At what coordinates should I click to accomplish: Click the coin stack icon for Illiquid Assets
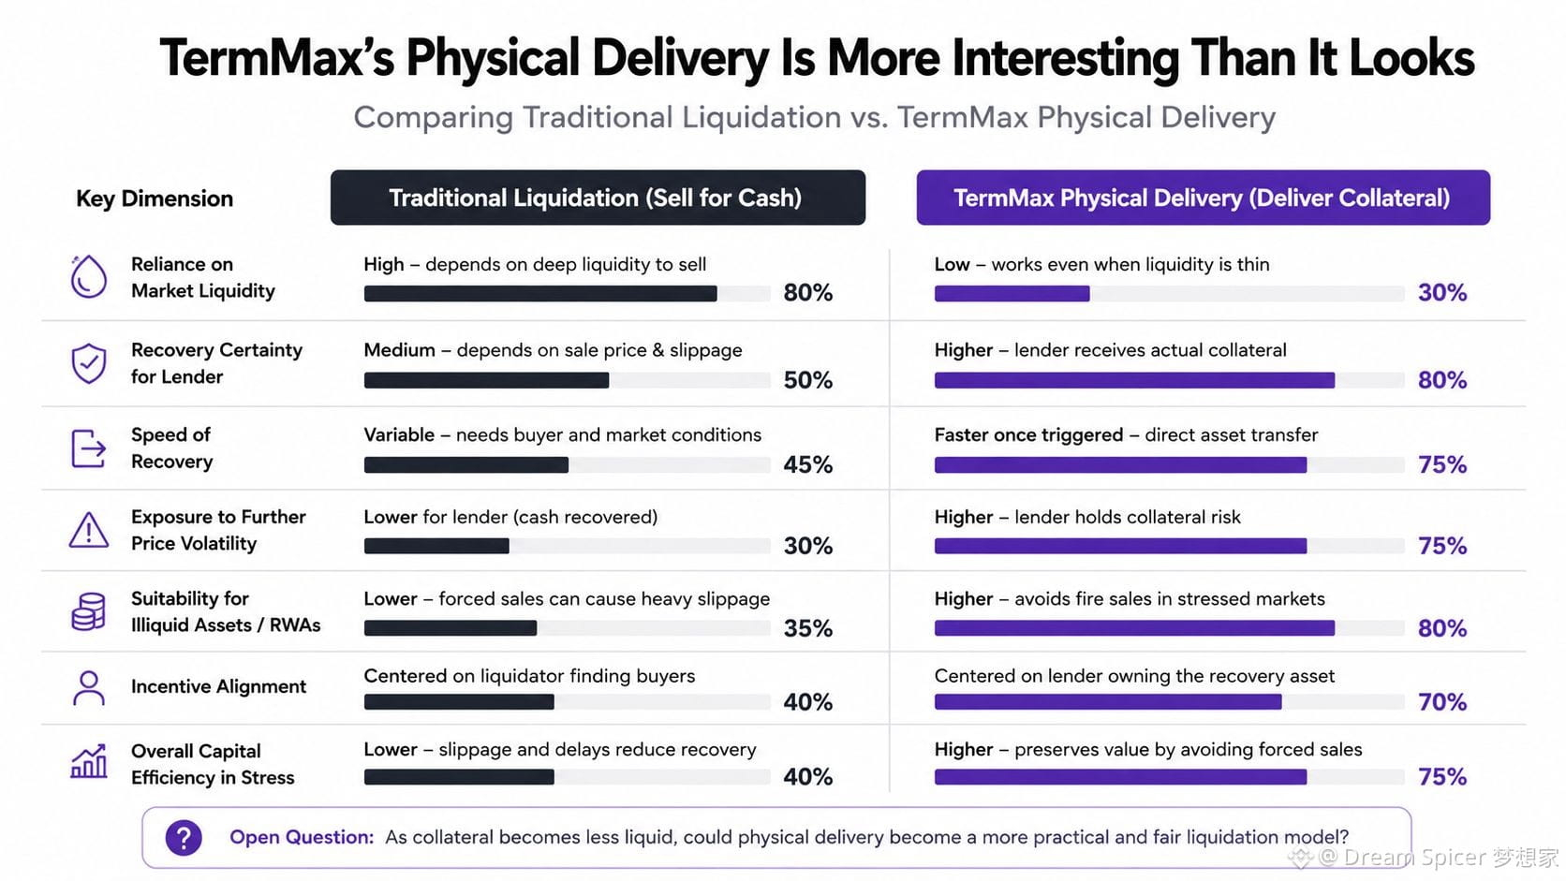tap(89, 611)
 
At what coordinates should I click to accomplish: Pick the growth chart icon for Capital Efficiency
tap(89, 761)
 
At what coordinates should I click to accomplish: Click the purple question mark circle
tap(184, 837)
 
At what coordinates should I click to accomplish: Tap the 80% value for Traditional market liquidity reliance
tap(808, 293)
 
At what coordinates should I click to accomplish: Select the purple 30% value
tap(1442, 293)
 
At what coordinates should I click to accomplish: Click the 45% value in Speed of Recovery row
tap(808, 464)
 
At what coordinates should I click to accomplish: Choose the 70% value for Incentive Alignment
tap(1442, 701)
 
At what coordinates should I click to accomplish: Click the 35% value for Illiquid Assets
tap(808, 628)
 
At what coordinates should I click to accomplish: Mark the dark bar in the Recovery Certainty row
tap(487, 380)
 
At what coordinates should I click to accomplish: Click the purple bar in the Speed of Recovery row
tap(1121, 464)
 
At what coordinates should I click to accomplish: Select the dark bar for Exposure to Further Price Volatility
tap(437, 546)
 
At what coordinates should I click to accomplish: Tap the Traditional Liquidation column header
tap(598, 198)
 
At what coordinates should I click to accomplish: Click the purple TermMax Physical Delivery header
tap(1204, 198)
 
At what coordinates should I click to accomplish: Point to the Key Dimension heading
tap(155, 198)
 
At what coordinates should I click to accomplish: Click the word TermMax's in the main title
tap(277, 58)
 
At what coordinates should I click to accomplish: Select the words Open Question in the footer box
tap(302, 837)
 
